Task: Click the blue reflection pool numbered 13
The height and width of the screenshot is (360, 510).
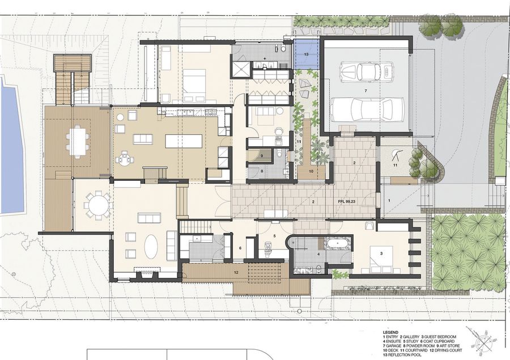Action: [307, 54]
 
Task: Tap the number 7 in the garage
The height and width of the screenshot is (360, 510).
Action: [365, 91]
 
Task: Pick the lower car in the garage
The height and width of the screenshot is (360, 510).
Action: [362, 109]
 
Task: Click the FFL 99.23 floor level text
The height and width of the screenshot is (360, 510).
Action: [346, 202]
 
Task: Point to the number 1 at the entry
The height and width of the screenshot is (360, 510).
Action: [389, 201]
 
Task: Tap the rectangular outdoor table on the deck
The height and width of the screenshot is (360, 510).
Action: [78, 142]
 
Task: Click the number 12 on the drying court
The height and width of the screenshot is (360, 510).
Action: [236, 273]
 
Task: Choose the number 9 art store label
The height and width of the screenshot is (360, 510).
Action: [262, 155]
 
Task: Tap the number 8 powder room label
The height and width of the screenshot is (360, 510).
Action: [261, 171]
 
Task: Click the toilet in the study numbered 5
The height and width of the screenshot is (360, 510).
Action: [268, 248]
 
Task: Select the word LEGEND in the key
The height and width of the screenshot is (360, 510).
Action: [390, 332]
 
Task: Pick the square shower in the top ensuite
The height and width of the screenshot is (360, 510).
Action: [241, 69]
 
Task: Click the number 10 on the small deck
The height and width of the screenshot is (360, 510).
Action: [311, 171]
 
